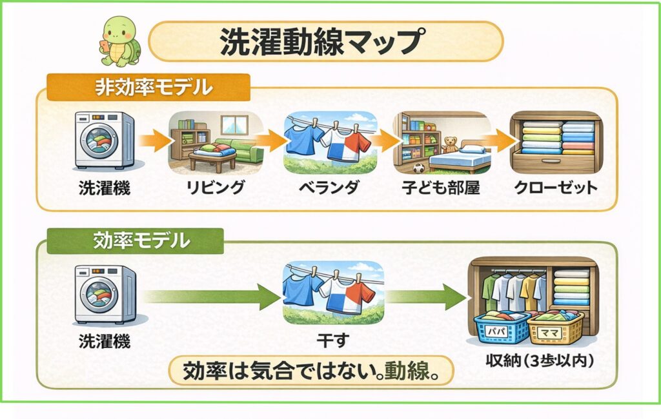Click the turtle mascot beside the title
coord(119,41)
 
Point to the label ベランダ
coord(330,188)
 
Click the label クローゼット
coord(556,188)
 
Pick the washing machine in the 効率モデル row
coord(105,293)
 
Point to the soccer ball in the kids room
coord(419,169)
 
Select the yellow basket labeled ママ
coord(555,328)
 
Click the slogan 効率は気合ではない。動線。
coord(310,372)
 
